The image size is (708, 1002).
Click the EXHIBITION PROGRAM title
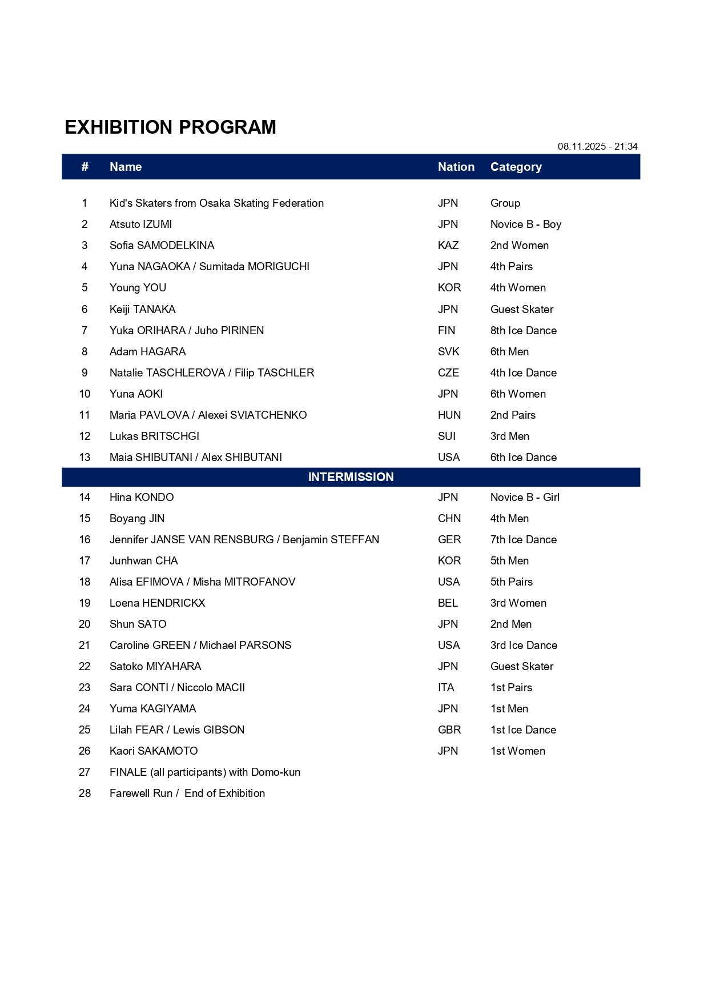[170, 127]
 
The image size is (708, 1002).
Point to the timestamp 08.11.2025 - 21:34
[597, 146]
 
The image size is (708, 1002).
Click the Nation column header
[456, 167]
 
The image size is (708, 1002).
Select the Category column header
[516, 167]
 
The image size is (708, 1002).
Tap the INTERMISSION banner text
[351, 477]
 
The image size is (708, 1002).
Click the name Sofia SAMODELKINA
[162, 246]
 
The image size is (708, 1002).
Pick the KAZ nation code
[448, 246]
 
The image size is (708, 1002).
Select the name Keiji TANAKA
[142, 310]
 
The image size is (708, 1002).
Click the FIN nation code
[446, 331]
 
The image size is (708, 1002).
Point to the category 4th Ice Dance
[523, 373]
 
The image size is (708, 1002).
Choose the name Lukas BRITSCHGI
[154, 436]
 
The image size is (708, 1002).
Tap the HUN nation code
[449, 415]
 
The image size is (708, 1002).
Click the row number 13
[85, 458]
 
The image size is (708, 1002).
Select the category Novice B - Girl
[525, 498]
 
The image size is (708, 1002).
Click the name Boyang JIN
[137, 519]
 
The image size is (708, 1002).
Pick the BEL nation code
[448, 603]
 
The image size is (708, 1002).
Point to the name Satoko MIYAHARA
[155, 667]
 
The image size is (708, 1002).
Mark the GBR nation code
[449, 730]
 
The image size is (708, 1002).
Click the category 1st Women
[517, 751]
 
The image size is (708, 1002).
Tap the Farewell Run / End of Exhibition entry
[187, 793]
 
